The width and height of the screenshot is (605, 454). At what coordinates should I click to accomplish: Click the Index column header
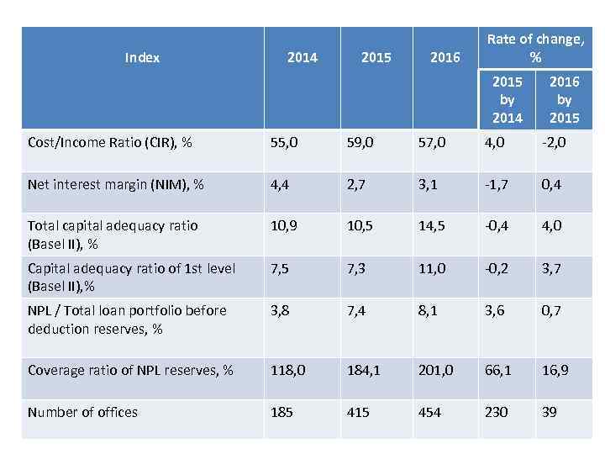(142, 57)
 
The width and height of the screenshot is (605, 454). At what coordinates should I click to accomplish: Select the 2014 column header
(302, 57)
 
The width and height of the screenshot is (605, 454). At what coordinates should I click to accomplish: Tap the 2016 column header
(445, 57)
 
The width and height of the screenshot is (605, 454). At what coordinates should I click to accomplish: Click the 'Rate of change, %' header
(535, 48)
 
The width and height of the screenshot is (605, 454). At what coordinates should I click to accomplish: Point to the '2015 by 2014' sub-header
(507, 99)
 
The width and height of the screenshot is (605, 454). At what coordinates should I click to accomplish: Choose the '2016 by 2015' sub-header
(564, 99)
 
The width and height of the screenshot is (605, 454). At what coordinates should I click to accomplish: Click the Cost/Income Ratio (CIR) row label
(109, 142)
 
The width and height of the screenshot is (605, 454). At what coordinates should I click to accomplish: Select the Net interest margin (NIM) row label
(115, 184)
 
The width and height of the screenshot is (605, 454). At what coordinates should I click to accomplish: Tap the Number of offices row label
(82, 412)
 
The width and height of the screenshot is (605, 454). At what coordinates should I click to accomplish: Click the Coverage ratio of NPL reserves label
(130, 370)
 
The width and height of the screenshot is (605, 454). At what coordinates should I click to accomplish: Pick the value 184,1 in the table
(365, 370)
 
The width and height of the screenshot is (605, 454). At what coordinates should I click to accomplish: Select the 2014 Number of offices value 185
(281, 412)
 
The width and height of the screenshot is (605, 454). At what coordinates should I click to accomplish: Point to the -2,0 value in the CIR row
(554, 142)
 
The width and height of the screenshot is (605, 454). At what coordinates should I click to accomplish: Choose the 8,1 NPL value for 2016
(428, 310)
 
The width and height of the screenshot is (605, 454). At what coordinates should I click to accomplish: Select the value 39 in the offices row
(550, 412)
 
